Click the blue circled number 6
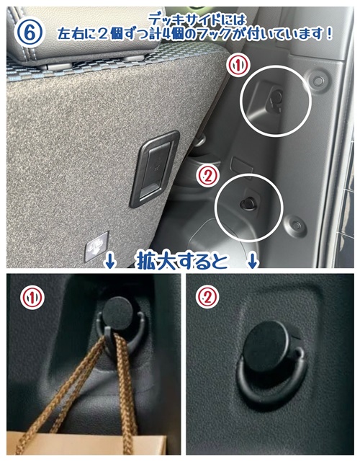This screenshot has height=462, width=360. coord(29,32)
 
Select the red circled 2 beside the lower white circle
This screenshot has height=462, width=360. coord(208,177)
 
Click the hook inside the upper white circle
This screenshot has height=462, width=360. coord(276,100)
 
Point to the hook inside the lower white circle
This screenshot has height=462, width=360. coord(248,203)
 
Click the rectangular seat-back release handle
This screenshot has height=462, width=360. coord(155,169)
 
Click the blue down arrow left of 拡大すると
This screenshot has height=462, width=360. coord(109,261)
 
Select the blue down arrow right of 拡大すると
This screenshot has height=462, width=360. coord(253,261)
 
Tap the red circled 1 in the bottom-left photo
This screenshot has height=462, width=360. coord(32,298)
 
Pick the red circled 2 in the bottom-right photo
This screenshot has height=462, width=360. coord(207,297)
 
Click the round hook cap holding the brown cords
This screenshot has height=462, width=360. coord(119,314)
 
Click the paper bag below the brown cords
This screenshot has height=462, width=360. coord(86,443)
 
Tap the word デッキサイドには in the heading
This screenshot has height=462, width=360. coord(197,20)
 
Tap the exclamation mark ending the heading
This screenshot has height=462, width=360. coord(329,34)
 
